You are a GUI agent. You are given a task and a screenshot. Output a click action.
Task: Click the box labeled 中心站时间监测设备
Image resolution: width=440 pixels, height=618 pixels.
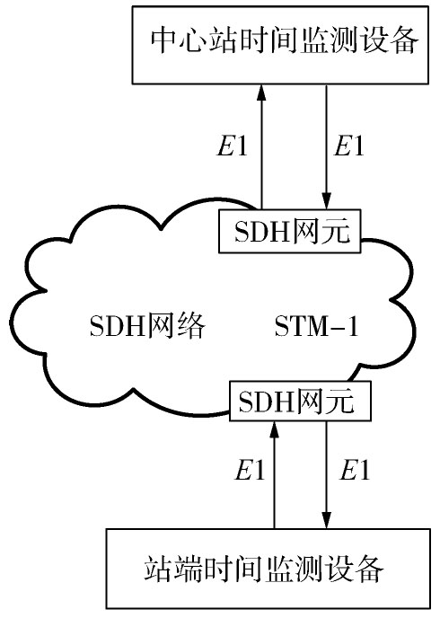point(280,45)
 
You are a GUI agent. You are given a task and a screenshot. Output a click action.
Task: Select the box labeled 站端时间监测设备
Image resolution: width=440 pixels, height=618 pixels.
point(268,569)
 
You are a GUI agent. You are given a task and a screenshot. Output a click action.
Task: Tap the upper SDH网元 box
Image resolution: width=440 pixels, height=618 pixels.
point(289,231)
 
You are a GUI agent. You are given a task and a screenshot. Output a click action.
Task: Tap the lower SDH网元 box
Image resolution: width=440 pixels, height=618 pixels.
point(300,401)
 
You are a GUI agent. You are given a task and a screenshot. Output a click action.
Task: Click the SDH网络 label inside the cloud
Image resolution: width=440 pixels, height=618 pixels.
point(148,325)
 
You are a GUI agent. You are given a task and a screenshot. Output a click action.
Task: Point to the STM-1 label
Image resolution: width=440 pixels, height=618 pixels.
point(316,326)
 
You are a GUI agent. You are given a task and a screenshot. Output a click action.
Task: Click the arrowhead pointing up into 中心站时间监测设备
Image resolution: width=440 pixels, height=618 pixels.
point(261,93)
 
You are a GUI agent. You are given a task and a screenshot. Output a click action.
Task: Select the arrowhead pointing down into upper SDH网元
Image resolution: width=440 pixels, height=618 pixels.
point(326,200)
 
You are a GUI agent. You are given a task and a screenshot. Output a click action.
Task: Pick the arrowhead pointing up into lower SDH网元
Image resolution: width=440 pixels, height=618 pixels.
point(275,429)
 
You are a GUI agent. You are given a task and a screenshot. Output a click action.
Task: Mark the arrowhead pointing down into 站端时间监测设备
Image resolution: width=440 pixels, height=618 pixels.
point(326,519)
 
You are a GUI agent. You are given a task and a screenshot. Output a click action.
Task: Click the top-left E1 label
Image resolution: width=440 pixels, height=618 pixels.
point(233,146)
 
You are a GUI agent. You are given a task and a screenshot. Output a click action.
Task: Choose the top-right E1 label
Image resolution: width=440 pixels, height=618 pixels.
point(349,146)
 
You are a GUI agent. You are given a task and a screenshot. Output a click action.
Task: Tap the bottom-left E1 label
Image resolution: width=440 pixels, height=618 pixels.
point(250,470)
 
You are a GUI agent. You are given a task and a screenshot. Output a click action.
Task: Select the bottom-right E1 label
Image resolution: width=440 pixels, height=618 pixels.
point(355,470)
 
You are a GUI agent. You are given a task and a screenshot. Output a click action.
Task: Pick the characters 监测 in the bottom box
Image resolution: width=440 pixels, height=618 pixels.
point(295,568)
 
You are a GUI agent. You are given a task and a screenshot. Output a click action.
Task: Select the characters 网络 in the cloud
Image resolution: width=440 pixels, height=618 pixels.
point(176,325)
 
